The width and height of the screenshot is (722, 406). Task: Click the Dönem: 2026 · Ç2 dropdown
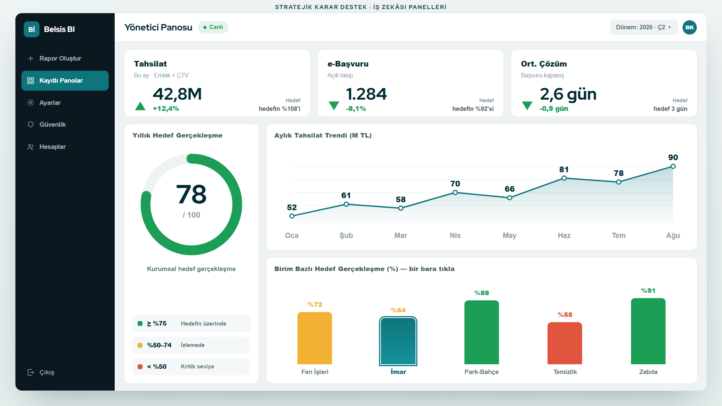click(644, 27)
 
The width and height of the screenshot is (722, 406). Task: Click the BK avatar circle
click(690, 27)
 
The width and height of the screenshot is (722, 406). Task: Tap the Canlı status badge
click(213, 27)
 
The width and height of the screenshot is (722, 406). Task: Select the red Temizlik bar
click(565, 343)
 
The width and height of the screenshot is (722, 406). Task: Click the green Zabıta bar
click(648, 331)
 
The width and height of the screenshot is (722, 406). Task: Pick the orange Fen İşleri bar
click(315, 338)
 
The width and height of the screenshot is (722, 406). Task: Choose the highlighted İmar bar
click(398, 341)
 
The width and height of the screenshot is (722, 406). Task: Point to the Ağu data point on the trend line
click(673, 166)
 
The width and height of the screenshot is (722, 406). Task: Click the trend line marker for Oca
click(292, 216)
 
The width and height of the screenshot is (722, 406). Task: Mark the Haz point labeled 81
click(564, 178)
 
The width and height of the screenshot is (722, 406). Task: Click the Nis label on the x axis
click(455, 235)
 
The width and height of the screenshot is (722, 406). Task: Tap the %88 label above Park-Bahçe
click(482, 293)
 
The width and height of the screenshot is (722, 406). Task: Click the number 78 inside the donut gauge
click(191, 194)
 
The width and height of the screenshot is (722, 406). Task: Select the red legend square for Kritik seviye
click(140, 367)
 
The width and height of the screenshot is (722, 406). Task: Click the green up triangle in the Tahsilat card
click(140, 106)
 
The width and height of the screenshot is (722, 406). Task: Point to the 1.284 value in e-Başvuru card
click(366, 94)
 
